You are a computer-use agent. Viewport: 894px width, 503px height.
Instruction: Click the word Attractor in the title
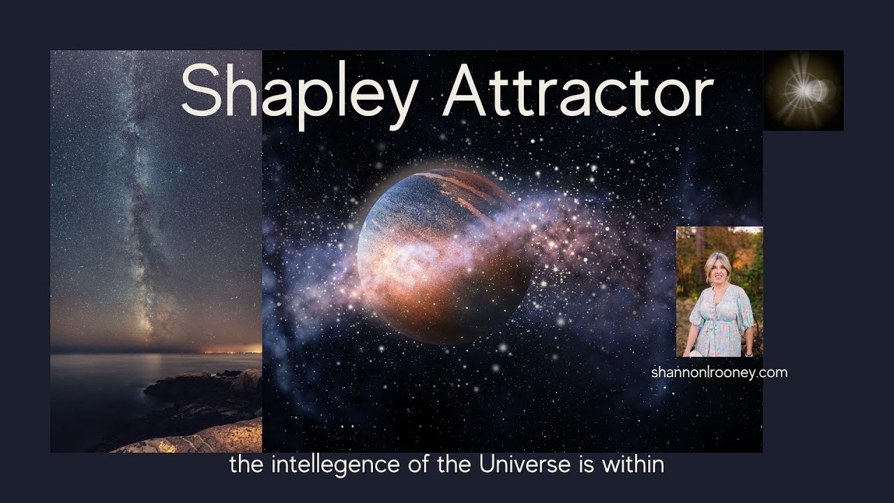click(x=577, y=91)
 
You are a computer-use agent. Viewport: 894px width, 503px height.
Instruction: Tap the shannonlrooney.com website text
click(x=719, y=372)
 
